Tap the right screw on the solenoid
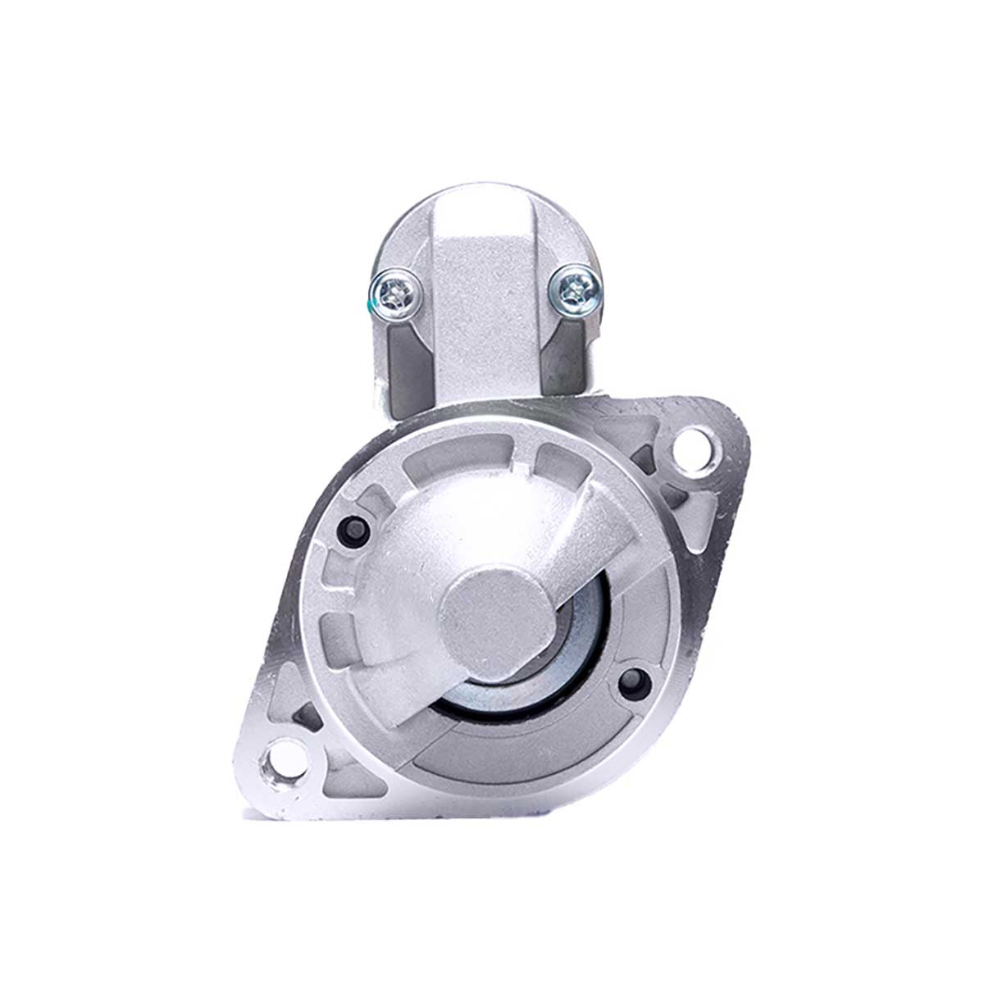pos(574,286)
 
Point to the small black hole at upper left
pos(354,531)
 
